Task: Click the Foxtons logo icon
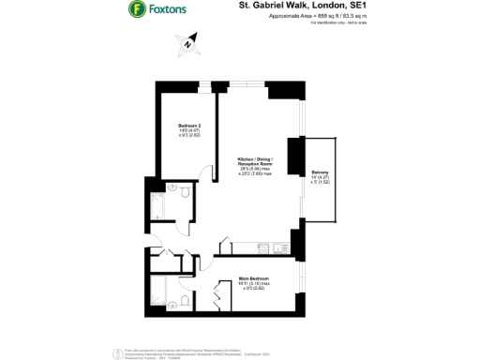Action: (137, 10)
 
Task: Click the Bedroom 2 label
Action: (190, 126)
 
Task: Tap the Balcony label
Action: (320, 172)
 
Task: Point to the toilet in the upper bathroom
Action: (186, 193)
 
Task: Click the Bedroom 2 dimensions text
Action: (190, 133)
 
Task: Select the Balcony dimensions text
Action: (320, 180)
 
